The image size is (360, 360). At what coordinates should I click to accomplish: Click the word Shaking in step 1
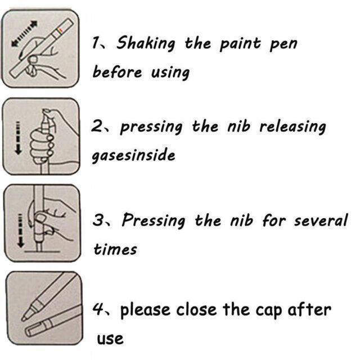(146, 43)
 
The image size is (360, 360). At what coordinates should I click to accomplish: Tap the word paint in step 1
(240, 43)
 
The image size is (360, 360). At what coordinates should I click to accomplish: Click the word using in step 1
(170, 73)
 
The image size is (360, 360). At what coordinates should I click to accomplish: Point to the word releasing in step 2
(292, 127)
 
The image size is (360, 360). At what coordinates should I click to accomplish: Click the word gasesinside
(133, 155)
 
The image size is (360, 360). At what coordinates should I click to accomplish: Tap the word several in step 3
(321, 220)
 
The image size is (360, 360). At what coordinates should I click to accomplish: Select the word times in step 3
(115, 249)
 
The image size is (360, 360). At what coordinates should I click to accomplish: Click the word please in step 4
(145, 310)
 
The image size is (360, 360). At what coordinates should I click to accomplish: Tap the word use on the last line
(110, 339)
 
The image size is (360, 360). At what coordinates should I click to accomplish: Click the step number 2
(97, 127)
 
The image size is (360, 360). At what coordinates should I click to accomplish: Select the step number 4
(97, 309)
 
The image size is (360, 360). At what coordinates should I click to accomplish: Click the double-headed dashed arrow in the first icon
(24, 34)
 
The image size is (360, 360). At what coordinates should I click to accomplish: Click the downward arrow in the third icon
(20, 231)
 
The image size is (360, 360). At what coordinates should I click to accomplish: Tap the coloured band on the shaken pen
(60, 30)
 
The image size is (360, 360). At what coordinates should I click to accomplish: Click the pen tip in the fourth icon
(24, 318)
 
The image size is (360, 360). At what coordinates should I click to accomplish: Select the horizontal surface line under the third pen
(42, 251)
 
